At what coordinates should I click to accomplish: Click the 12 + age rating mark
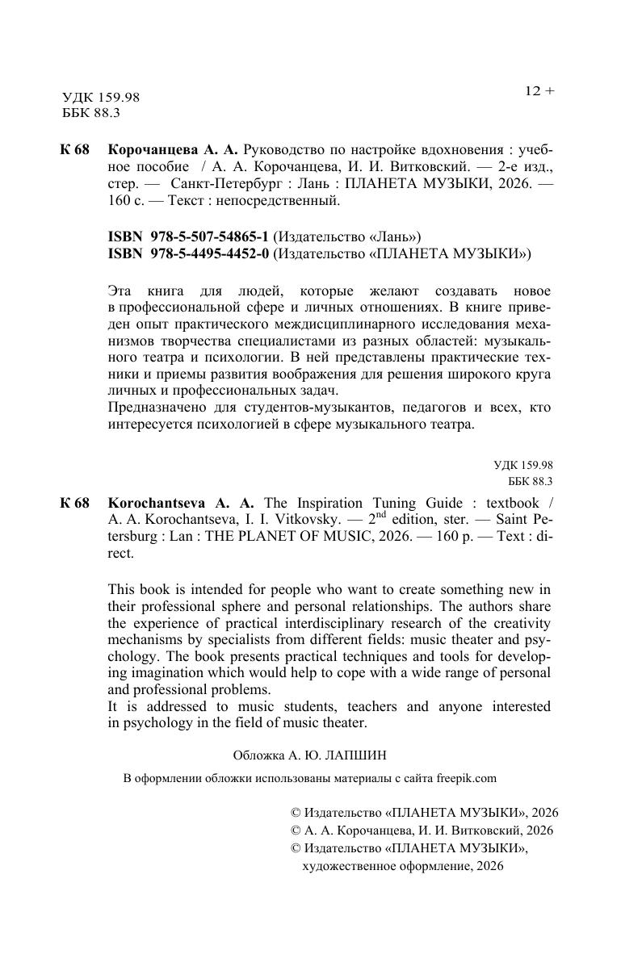coord(539,91)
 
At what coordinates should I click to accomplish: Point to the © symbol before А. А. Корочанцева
coord(295,830)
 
